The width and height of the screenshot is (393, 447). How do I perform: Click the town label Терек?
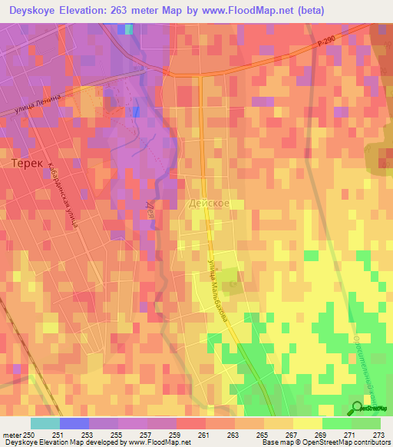coord(28,164)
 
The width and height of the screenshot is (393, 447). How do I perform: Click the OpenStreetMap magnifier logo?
coord(358,409)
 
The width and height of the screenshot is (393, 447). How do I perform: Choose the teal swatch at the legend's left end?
coord(45,423)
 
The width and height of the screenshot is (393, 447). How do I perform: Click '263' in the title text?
coord(127,11)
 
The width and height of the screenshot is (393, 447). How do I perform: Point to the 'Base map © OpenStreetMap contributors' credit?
coord(335,442)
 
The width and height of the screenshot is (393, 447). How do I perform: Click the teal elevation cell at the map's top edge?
coord(128,29)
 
